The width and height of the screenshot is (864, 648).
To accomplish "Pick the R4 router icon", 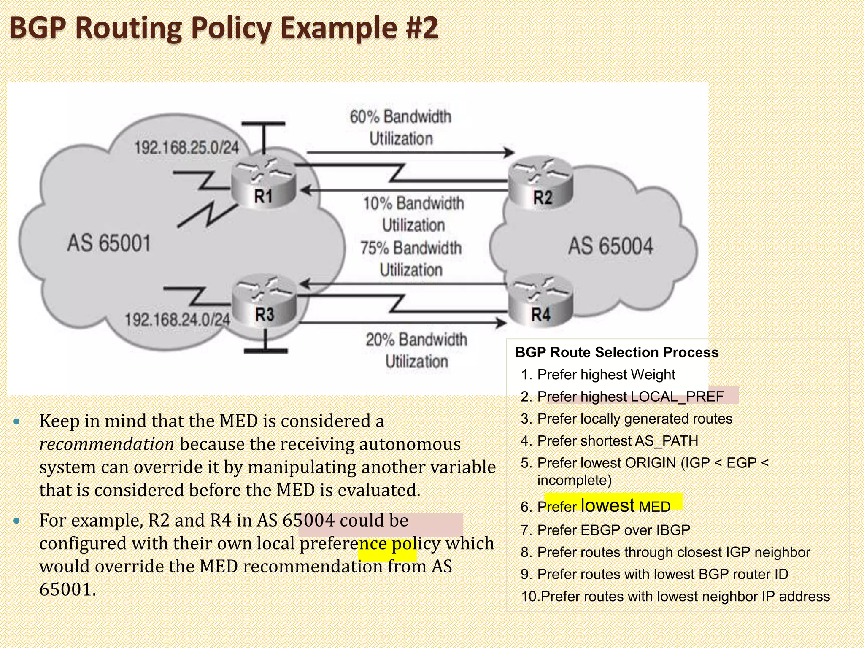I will pos(541,300).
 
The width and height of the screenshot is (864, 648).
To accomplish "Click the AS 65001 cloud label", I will pos(109,243).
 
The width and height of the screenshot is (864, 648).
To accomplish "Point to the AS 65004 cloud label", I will pos(610,246).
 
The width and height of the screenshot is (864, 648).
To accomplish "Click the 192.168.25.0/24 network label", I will pos(186,148).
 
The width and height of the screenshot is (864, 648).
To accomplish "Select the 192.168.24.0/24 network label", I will pos(177,319).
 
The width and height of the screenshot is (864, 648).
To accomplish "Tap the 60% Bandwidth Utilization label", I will pos(400,127).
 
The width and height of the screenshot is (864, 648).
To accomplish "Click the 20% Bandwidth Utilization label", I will pos(416,350).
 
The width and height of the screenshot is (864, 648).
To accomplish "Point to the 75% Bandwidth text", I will pos(411,248).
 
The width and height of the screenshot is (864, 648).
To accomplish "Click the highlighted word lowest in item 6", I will pos(607,505).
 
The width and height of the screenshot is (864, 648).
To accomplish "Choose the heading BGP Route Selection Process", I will pos(617,352).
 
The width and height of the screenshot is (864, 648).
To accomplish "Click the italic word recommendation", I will pos(107,444).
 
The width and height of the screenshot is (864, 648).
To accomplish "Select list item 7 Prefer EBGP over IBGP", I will pos(613,530).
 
